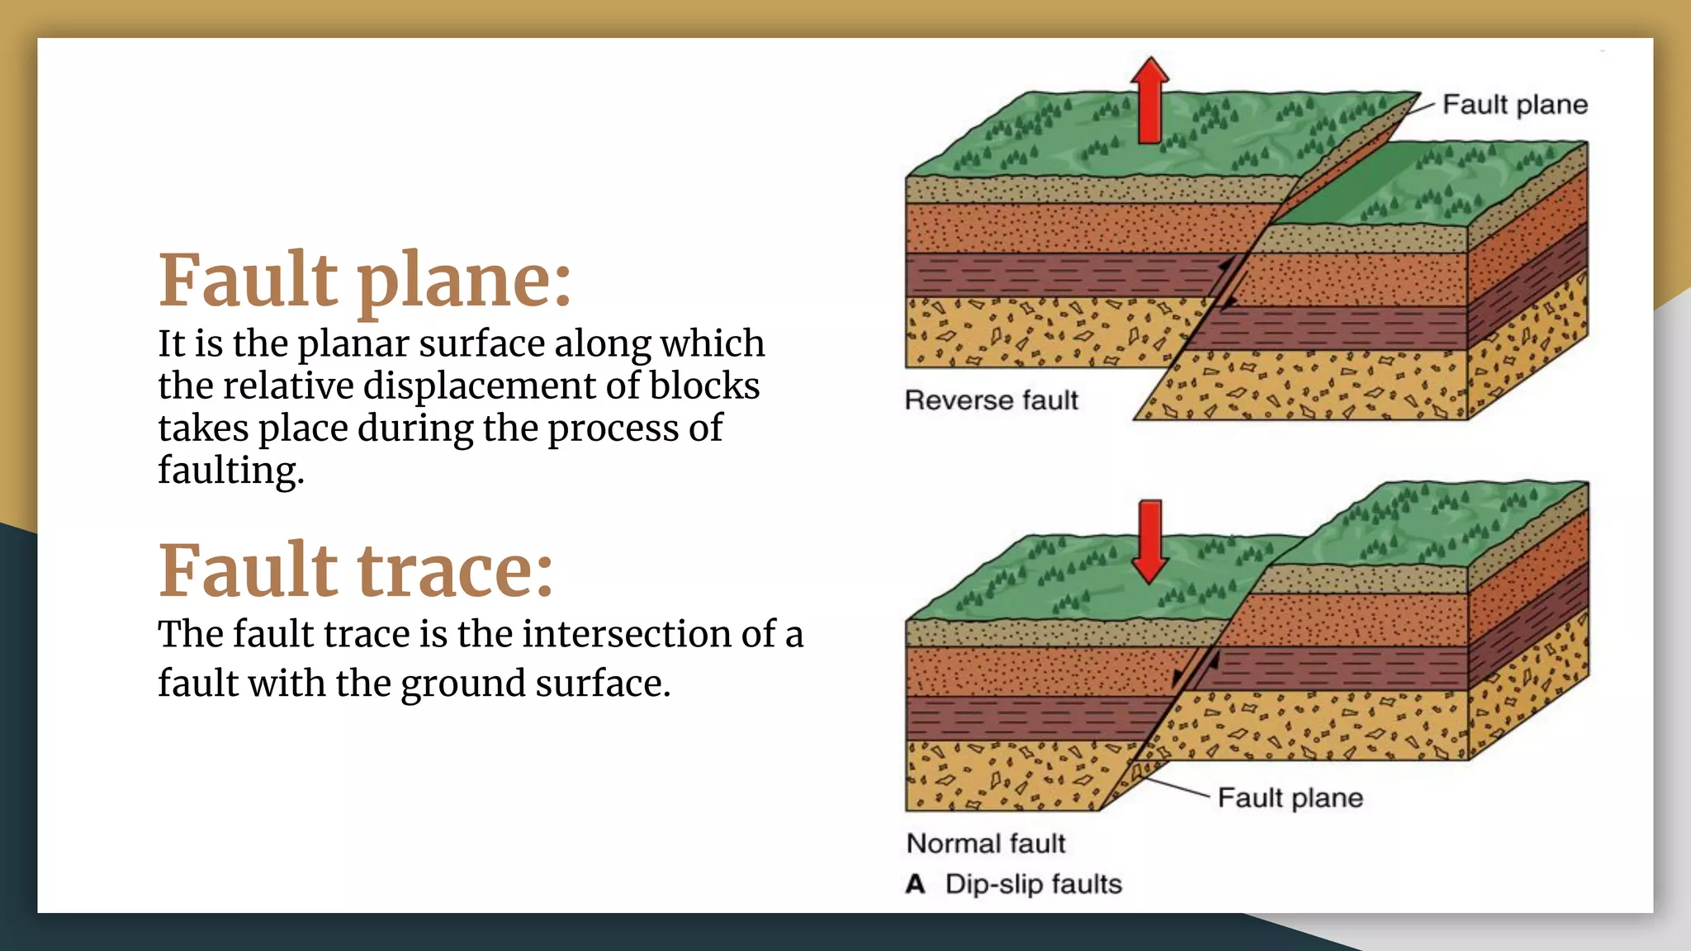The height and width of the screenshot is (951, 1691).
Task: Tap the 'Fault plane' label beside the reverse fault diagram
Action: click(x=1514, y=105)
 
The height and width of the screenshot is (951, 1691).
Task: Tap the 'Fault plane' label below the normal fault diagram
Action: click(x=1290, y=798)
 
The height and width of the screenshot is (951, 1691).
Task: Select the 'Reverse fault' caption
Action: click(x=991, y=400)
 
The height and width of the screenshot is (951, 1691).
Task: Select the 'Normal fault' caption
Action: click(x=986, y=844)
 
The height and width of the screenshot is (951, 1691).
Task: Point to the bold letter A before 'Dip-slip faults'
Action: click(x=915, y=884)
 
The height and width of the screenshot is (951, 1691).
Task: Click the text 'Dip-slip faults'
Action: click(x=1034, y=884)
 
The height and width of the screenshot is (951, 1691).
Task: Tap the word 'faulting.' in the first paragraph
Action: click(x=231, y=471)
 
